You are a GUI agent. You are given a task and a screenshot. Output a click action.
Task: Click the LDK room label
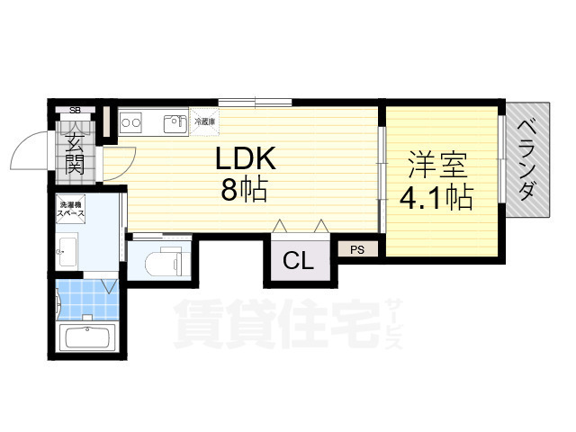tap(245, 158)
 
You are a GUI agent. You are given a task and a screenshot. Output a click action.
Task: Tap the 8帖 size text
tap(244, 190)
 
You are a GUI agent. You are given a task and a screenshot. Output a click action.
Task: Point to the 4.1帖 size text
tap(436, 198)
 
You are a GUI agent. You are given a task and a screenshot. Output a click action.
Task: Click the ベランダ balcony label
tap(527, 160)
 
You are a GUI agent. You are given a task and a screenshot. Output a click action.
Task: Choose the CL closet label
tap(298, 260)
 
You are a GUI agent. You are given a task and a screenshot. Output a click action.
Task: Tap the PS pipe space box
tap(357, 250)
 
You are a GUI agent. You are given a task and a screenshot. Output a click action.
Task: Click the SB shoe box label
tap(76, 110)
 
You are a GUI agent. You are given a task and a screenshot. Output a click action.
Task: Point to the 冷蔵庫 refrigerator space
tap(204, 121)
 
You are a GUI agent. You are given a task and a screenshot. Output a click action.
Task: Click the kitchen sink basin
tap(175, 123)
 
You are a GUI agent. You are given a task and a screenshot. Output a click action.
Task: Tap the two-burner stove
tap(130, 122)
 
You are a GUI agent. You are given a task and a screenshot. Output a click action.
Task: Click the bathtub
tap(87, 337)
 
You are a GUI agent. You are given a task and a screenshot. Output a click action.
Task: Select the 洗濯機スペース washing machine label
tap(71, 209)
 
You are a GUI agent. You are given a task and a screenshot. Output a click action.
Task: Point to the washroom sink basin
tap(67, 252)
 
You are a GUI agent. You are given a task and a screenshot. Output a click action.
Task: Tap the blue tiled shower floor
tap(87, 300)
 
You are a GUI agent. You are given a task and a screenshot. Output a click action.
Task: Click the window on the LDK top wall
tap(256, 102)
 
